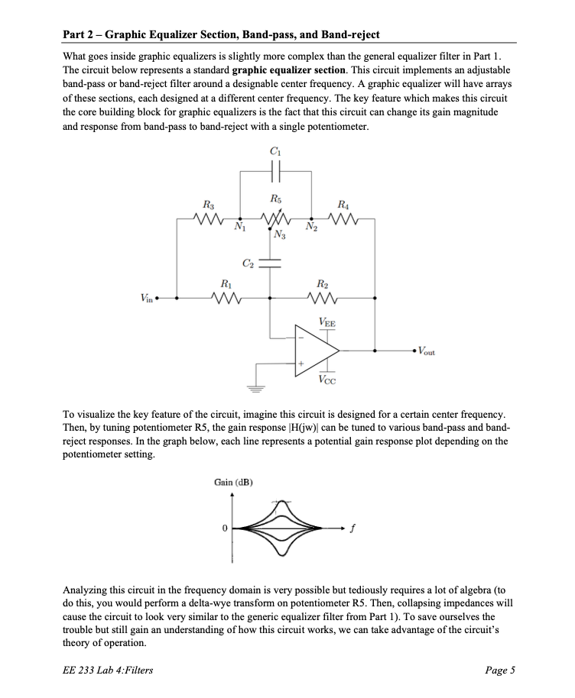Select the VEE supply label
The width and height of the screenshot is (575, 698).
point(325,324)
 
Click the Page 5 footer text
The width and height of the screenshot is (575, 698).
point(500,671)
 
